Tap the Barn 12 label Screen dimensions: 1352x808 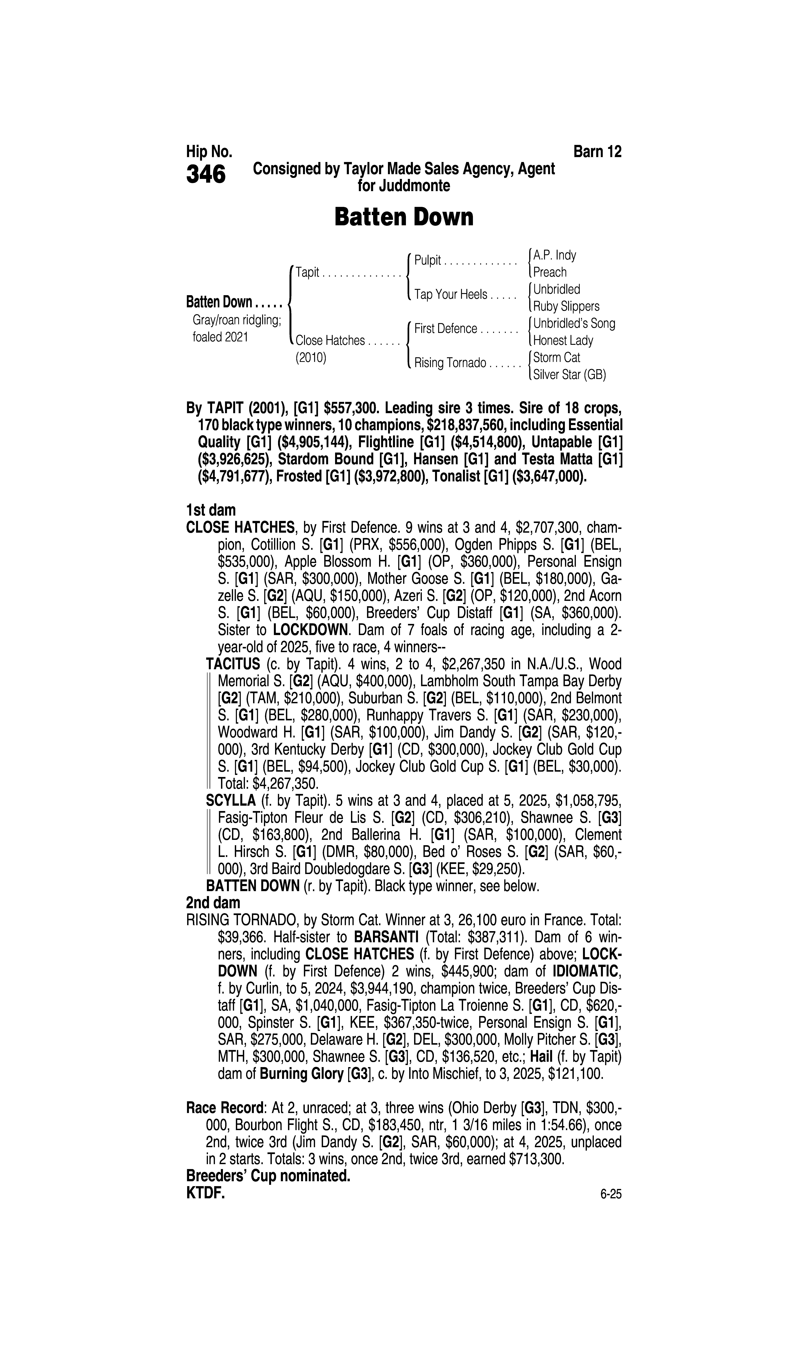[x=597, y=151]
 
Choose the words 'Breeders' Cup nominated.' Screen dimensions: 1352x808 [x=268, y=1176]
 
